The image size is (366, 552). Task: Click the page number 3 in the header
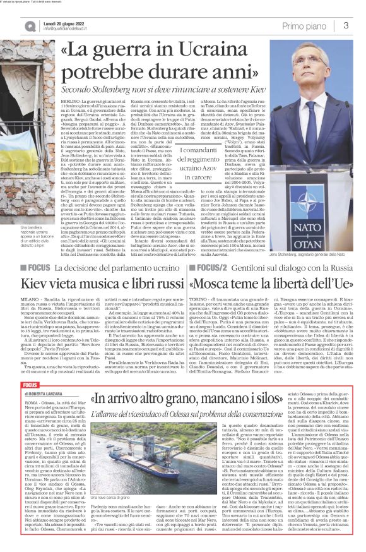346,25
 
